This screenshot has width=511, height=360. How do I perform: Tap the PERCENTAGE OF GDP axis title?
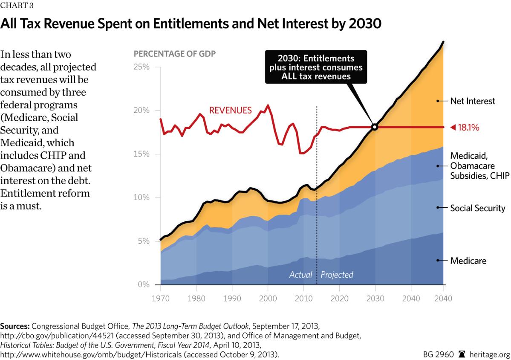[175, 54]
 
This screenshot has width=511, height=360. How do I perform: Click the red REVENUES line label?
[230, 110]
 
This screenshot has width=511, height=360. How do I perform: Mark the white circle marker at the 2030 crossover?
[375, 127]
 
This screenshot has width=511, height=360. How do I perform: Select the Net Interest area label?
[473, 101]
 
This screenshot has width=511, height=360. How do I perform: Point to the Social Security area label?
[477, 208]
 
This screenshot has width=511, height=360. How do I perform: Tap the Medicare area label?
[468, 261]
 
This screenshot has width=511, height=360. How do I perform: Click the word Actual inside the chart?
[301, 275]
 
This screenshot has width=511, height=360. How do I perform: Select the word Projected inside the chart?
[337, 275]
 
